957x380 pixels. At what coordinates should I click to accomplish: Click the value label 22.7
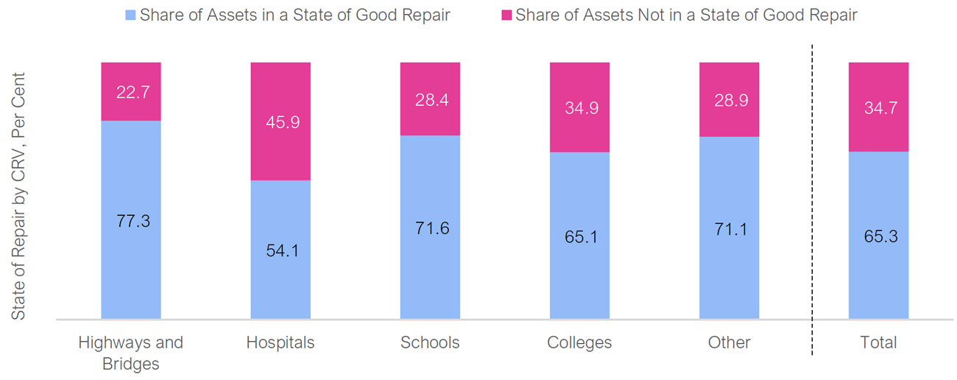(x=133, y=92)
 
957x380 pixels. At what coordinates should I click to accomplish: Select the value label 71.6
(x=431, y=228)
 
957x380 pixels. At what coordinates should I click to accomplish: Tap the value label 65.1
(x=581, y=236)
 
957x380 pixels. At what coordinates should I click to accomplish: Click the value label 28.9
(x=730, y=100)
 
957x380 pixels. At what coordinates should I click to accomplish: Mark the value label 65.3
(x=880, y=236)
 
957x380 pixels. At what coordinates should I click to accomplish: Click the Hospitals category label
(x=280, y=342)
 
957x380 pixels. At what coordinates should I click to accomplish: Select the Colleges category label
(x=579, y=342)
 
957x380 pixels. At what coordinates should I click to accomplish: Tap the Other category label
(x=730, y=342)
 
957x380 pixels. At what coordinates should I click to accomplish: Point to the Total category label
(x=879, y=342)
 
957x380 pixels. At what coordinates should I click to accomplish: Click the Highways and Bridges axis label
(x=130, y=352)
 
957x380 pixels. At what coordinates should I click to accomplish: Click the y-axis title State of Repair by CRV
(x=18, y=195)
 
